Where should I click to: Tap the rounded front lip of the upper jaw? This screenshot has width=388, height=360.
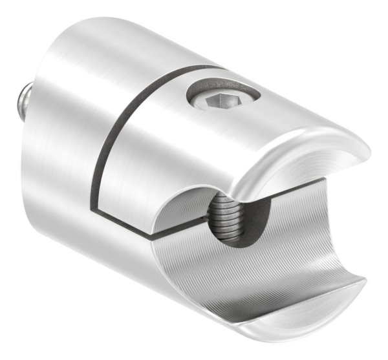point(272,178)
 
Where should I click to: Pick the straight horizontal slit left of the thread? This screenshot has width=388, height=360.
point(168,233)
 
